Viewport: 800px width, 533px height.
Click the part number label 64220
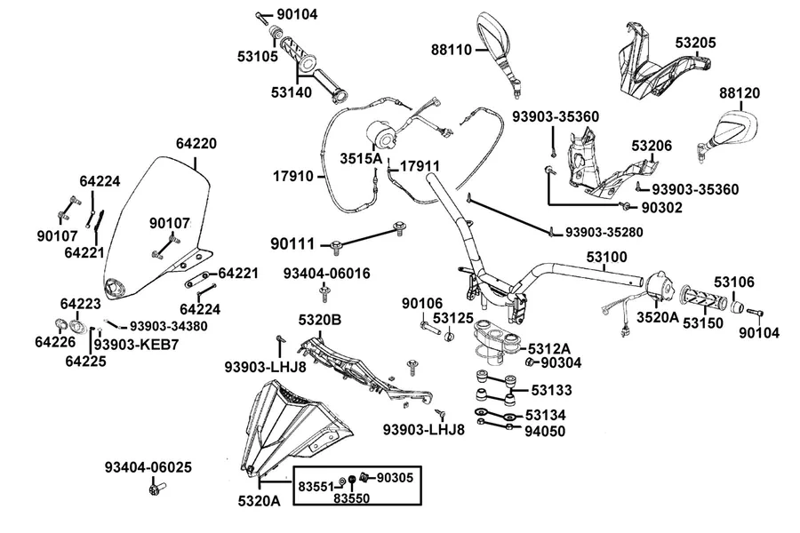196,144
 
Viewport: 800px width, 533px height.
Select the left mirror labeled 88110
498,51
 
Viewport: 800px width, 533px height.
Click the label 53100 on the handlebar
606,257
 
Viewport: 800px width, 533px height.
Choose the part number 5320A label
260,501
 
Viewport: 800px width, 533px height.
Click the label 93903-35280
604,233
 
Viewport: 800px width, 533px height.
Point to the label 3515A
361,158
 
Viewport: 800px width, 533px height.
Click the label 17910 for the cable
293,177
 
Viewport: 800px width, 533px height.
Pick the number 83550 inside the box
351,497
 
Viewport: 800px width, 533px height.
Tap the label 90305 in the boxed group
395,478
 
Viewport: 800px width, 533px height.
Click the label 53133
551,390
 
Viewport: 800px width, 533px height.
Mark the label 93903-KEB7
136,345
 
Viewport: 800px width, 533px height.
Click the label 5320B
320,321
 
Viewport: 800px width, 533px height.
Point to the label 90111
292,244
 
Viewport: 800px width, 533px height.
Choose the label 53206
652,146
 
